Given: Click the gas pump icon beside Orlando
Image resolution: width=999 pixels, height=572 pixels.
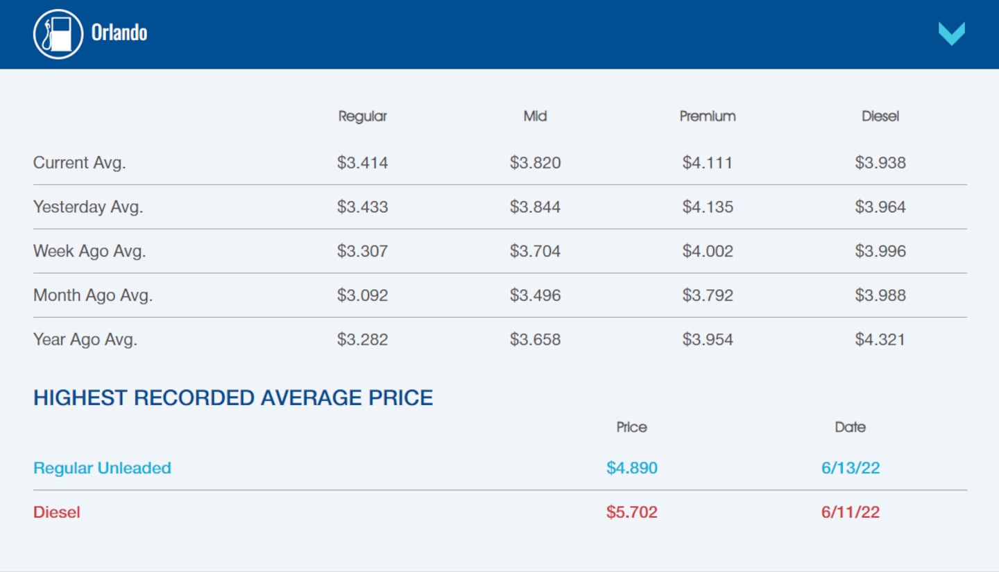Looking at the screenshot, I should coord(58,34).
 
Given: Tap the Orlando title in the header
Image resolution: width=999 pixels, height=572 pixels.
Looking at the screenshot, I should coord(119,33).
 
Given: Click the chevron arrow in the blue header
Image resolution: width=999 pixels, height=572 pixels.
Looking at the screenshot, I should coord(951,33).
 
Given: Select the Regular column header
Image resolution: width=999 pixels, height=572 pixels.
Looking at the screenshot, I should coord(362,116).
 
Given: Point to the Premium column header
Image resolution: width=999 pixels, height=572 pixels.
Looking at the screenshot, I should coord(707,116).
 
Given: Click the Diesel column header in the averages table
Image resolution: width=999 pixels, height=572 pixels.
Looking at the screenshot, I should coord(880,116).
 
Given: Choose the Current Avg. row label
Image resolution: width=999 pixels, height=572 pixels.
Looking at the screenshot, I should coord(79,163).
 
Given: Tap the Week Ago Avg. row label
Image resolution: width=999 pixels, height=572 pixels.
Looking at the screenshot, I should coord(89,251).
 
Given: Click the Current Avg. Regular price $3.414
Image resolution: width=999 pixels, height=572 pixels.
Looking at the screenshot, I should coord(362,163).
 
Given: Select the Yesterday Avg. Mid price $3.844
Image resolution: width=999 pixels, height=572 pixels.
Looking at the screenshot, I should coord(535,207).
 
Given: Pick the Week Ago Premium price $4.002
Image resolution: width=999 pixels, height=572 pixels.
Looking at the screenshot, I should coord(707,251).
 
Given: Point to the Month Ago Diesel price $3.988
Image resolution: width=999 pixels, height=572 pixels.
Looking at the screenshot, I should coord(880,295).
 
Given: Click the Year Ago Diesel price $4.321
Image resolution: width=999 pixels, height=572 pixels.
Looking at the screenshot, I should coord(880,340).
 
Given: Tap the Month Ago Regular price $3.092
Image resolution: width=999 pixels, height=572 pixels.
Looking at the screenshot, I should coord(362,295).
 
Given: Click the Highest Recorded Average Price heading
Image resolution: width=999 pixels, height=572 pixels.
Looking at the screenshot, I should coord(233,398).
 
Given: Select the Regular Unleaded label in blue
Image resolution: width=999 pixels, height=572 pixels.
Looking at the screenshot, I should coord(102,468).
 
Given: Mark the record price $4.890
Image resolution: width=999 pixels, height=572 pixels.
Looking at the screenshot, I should coord(631,468).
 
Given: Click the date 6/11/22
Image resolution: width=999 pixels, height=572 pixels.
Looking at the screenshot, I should coord(850,512).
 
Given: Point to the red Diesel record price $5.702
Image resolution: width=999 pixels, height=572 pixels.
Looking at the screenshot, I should coord(631,512).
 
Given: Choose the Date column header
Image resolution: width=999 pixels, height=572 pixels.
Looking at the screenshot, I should coord(850,427).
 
